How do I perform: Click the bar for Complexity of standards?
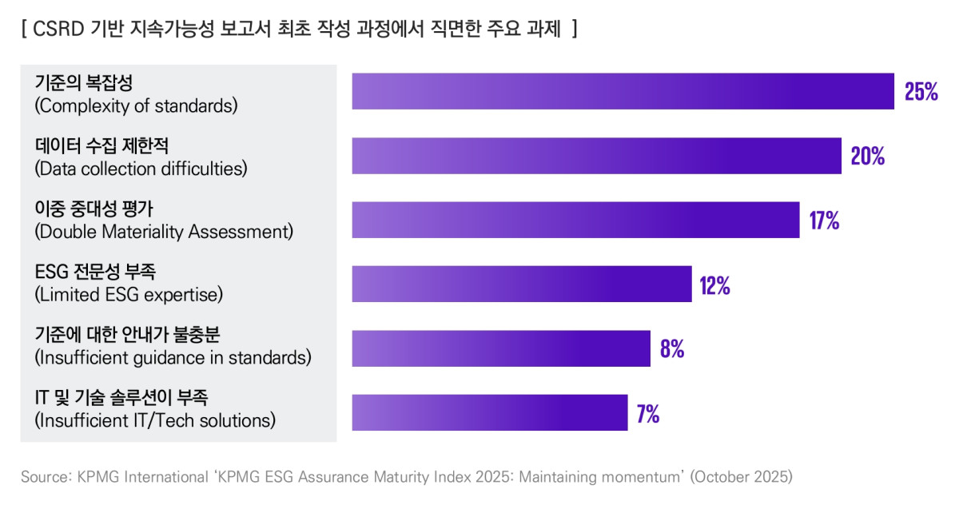[623, 91]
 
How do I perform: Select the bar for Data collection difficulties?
[596, 156]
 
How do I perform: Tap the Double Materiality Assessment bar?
[575, 220]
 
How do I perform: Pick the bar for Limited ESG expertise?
[521, 284]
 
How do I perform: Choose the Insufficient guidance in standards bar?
[501, 348]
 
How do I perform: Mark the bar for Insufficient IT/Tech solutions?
[489, 412]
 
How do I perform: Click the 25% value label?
[921, 92]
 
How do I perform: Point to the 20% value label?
[867, 157]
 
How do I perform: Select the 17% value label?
[824, 221]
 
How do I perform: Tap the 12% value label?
[714, 285]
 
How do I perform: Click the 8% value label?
[671, 349]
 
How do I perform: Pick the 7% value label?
[647, 414]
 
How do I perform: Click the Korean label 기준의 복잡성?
[83, 82]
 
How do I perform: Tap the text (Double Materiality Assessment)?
[164, 232]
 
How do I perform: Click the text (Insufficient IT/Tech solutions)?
[155, 420]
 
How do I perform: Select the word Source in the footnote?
[46, 477]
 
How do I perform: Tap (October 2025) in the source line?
[741, 477]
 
